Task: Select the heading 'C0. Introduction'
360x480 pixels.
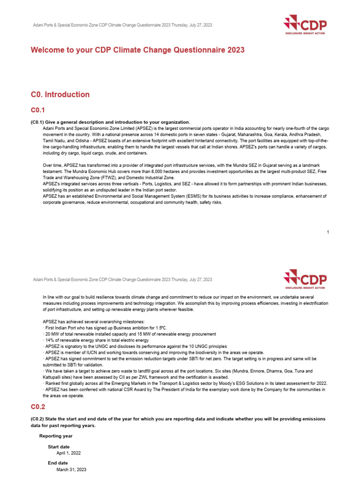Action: [60, 95]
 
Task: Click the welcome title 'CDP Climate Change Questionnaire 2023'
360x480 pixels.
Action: [137, 50]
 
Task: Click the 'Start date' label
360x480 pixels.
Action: [59, 447]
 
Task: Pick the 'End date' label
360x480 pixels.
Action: [58, 463]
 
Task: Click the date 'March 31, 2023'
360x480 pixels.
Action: [71, 469]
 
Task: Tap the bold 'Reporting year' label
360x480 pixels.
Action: [56, 436]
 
